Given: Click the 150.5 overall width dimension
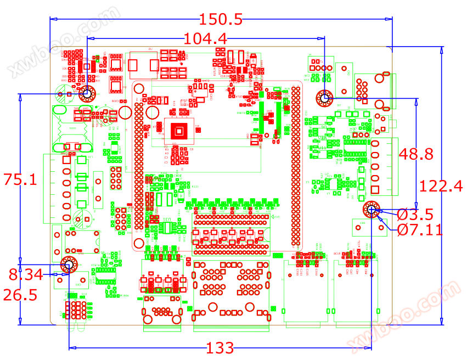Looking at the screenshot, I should [x=221, y=20].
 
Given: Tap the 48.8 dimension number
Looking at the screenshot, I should [x=416, y=154].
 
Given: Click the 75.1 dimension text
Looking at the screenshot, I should [x=20, y=180].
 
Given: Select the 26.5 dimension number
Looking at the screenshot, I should [x=20, y=295].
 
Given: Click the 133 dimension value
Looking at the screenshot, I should [x=220, y=348].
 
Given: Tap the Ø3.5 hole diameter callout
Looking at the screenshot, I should [x=414, y=213].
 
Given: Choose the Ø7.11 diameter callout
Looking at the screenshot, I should [x=420, y=229].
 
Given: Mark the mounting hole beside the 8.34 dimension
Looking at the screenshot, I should [x=69, y=265].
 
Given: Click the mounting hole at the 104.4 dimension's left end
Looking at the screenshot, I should [x=87, y=94].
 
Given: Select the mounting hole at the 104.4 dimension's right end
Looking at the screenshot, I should [x=324, y=99].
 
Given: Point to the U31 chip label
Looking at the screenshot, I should [x=167, y=220].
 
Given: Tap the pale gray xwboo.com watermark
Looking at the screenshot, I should [x=63, y=41].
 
